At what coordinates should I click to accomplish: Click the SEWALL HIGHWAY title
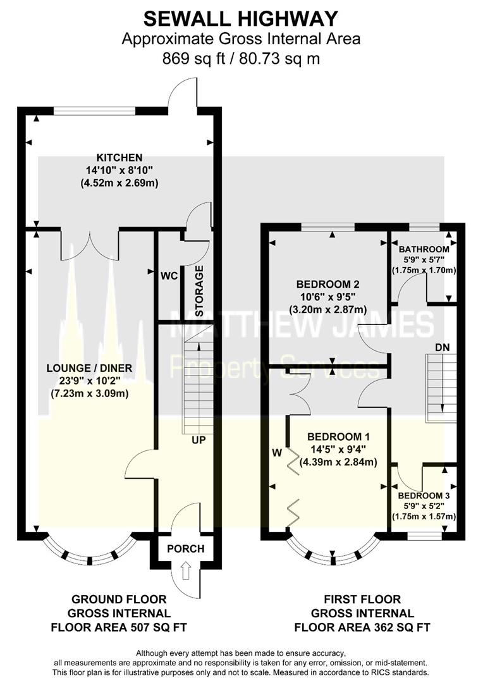[x=241, y=19]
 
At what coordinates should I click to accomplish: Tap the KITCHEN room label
[x=119, y=157]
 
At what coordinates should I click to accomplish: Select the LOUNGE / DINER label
[x=89, y=368]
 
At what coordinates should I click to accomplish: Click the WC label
[x=169, y=276]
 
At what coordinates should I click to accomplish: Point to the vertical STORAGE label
[x=200, y=291]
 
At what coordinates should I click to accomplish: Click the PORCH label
[x=185, y=548]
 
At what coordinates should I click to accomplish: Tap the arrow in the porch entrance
[x=185, y=570]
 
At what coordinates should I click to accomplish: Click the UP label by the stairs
[x=199, y=440]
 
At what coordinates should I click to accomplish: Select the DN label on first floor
[x=443, y=348]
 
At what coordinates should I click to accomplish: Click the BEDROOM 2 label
[x=328, y=285]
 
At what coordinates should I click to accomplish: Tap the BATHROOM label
[x=424, y=249]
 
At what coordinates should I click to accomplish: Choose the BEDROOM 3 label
[x=424, y=496]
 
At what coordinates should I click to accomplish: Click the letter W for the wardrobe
[x=277, y=453]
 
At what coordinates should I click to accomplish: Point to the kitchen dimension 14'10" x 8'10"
[x=119, y=170]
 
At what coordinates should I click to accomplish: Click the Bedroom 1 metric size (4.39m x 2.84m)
[x=338, y=462]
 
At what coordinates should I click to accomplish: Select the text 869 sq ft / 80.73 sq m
[x=241, y=58]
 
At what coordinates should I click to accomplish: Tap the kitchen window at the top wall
[x=94, y=111]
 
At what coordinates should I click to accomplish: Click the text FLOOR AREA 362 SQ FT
[x=362, y=627]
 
